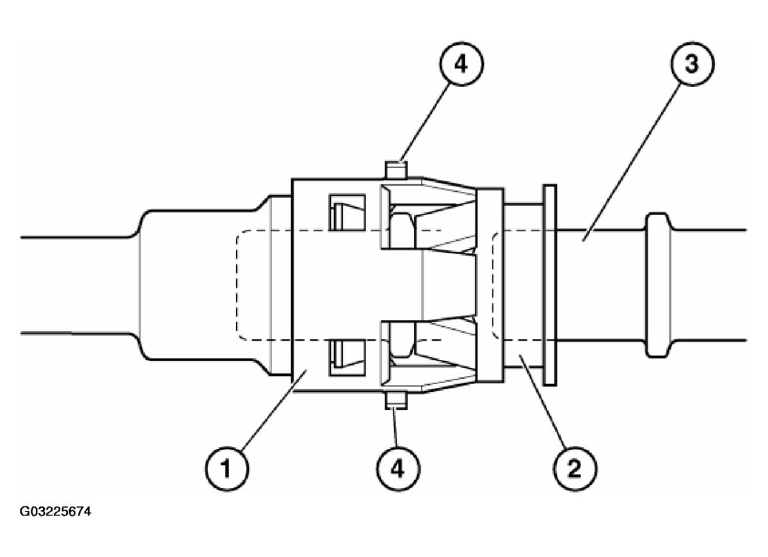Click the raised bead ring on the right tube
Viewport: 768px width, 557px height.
659,284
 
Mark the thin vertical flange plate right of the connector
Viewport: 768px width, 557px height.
549,284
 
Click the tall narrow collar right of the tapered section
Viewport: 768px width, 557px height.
490,284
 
